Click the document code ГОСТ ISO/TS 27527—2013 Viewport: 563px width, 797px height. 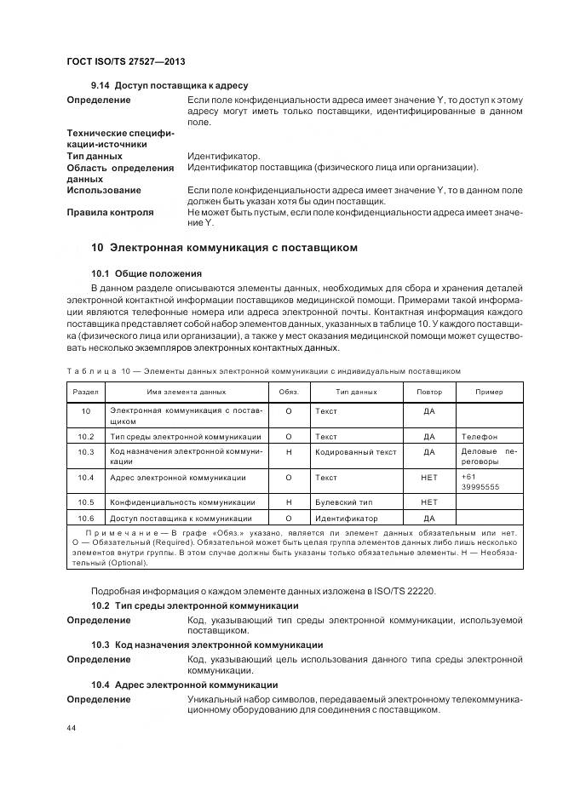125,63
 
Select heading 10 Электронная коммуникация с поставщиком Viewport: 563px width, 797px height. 224,248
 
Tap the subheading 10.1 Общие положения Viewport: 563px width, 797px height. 146,273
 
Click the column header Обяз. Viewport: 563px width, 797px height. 289,392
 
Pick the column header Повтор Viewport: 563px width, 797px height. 429,392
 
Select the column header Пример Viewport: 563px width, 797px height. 489,392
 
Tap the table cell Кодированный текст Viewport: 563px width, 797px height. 355,452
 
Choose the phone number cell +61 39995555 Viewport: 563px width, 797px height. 480,483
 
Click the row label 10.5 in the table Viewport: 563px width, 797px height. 85,502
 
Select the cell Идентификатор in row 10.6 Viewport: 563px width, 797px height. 346,518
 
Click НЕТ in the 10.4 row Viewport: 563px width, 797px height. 429,478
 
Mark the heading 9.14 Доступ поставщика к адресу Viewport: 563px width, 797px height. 169,86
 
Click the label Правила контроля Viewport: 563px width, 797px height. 110,212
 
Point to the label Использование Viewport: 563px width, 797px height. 104,190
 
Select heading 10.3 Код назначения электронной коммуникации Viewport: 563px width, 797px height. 207,645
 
